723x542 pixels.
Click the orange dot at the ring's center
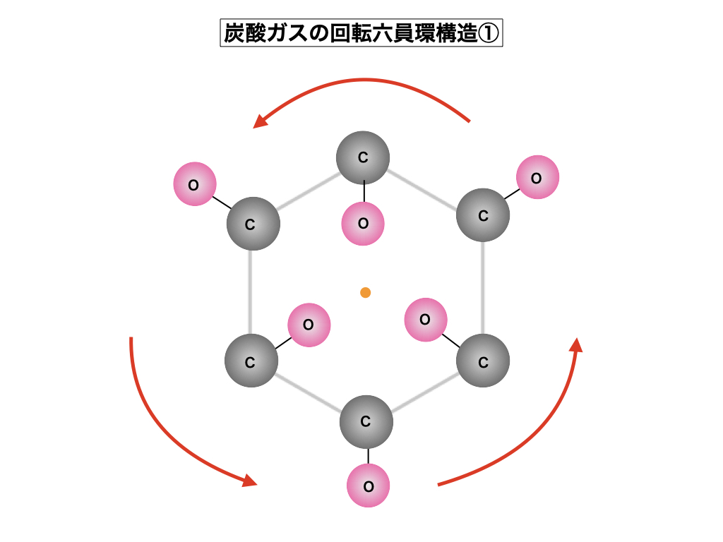[365, 292]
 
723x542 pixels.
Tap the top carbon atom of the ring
[363, 157]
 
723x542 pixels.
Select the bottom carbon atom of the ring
[366, 422]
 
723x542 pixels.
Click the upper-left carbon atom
[253, 224]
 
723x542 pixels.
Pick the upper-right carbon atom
[483, 215]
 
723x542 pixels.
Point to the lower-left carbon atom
[251, 361]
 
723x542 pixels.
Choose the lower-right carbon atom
[483, 361]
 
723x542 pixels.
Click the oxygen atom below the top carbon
[363, 224]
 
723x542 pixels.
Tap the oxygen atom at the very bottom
[368, 486]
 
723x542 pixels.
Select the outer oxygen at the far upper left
[194, 184]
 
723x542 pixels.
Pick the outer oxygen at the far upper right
[537, 177]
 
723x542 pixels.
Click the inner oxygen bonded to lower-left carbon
[309, 325]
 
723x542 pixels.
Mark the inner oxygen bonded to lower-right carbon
[425, 320]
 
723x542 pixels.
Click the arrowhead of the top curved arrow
[260, 122]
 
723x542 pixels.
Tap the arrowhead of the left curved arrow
[249, 481]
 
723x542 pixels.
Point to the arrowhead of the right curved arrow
[576, 345]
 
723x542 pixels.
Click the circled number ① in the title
[489, 33]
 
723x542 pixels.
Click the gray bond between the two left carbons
[251, 292]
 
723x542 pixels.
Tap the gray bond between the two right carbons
[483, 289]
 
